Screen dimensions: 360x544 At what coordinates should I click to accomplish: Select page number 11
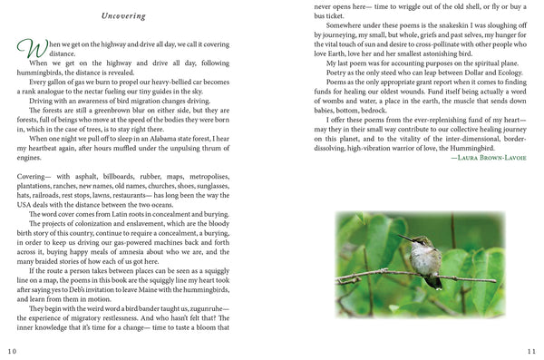533,351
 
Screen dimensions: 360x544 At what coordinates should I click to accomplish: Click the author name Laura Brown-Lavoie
490,159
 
